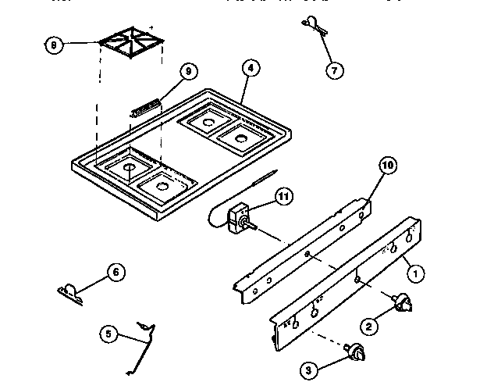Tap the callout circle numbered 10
click(x=387, y=165)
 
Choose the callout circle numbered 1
click(x=417, y=273)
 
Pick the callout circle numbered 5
click(x=110, y=334)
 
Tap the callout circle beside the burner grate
click(x=53, y=45)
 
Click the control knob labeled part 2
click(x=405, y=303)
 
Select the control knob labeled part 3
click(x=357, y=353)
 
